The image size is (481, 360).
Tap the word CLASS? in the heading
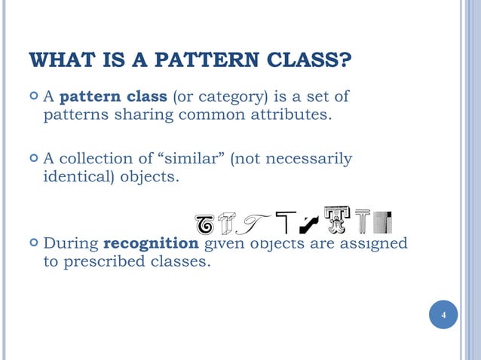309,59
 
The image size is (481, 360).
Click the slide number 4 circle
444,314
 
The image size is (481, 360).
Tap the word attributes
290,115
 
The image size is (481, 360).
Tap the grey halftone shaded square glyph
384,221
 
